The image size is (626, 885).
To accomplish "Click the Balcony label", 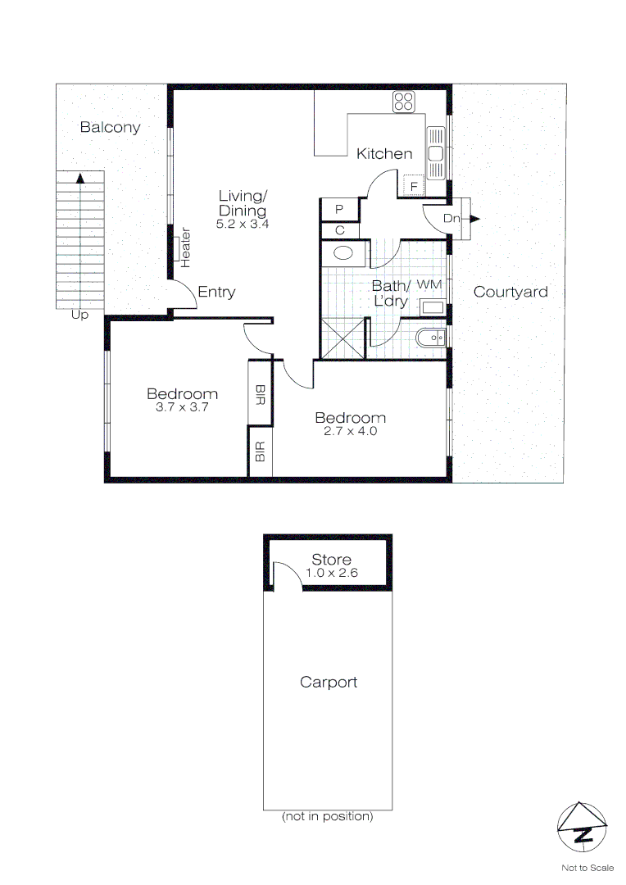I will (x=110, y=128).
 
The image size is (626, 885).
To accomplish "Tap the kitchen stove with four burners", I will (x=404, y=102).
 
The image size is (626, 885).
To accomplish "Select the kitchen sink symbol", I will (x=434, y=153).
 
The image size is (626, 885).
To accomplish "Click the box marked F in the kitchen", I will (x=414, y=186).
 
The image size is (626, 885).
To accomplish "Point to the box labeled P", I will (x=338, y=210).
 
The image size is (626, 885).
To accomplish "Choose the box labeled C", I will (x=338, y=231).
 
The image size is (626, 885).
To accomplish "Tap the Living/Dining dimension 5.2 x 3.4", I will (x=243, y=223).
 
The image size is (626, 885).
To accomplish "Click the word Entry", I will (x=216, y=292).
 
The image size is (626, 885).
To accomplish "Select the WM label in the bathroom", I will (x=429, y=284).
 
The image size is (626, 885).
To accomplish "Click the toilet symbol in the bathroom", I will (x=430, y=337).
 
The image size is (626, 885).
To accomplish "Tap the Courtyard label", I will (x=510, y=292).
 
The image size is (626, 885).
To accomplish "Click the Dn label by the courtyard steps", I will (x=451, y=219).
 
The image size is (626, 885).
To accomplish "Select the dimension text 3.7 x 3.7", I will (x=182, y=406).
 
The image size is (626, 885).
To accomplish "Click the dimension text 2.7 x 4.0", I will (x=350, y=431).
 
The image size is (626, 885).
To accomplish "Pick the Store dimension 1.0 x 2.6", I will (x=331, y=573).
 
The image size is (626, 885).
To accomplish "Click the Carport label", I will (x=328, y=682).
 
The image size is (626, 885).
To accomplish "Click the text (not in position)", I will (x=327, y=816).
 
